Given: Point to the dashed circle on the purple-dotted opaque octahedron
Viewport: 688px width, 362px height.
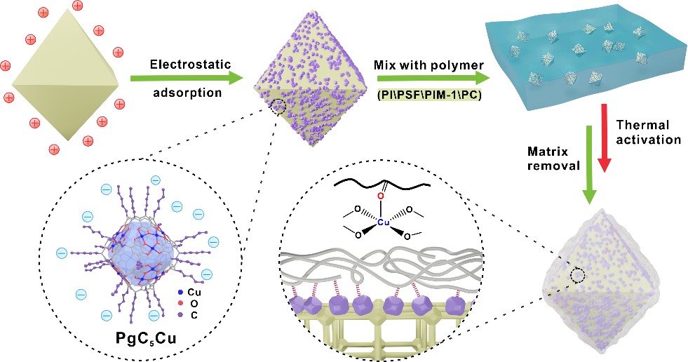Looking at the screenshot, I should pyautogui.click(x=278, y=107).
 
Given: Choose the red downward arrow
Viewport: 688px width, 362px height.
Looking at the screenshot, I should pyautogui.click(x=605, y=138).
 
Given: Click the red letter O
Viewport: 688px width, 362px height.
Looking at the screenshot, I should pyautogui.click(x=381, y=195).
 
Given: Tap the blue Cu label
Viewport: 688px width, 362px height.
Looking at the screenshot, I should pyautogui.click(x=383, y=222).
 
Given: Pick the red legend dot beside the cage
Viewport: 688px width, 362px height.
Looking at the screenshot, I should pyautogui.click(x=182, y=303).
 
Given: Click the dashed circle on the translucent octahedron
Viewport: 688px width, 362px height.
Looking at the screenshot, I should pyautogui.click(x=578, y=276).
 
